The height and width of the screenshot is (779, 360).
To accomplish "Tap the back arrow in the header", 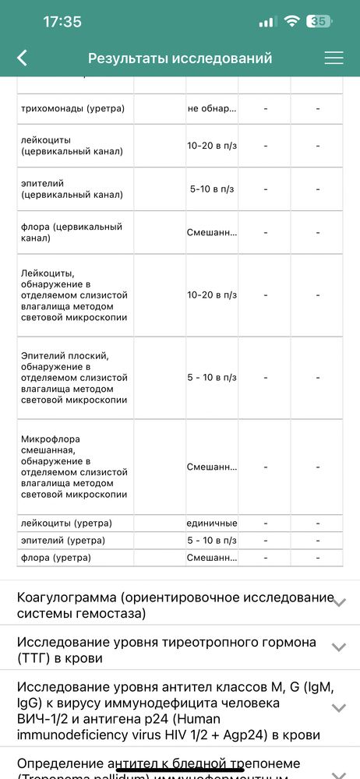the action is (22, 58).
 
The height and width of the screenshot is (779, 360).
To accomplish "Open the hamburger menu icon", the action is (334, 58).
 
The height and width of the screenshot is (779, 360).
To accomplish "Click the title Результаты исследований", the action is (180, 58).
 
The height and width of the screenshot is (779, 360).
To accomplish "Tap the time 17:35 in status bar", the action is (62, 22).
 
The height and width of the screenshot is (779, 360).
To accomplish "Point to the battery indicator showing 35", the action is (318, 22).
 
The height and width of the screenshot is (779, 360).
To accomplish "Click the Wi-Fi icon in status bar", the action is (292, 22).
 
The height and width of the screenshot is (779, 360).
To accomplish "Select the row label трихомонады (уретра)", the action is (73, 108).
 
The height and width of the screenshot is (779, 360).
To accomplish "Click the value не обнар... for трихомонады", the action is (211, 108).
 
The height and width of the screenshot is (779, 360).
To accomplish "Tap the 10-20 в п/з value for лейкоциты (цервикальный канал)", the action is (212, 145).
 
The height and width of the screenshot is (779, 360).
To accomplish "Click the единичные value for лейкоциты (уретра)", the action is (211, 523).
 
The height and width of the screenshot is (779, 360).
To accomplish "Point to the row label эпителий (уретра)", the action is (63, 541).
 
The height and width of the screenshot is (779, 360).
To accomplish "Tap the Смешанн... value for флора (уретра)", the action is (211, 558).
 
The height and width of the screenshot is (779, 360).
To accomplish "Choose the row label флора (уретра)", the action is (56, 558).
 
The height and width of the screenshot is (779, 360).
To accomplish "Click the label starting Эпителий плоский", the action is (73, 378).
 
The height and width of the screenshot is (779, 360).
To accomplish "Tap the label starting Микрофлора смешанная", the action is (73, 467).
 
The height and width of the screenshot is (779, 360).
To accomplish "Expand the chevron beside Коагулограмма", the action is (338, 602).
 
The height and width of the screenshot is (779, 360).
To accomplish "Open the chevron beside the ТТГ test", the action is (338, 647).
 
